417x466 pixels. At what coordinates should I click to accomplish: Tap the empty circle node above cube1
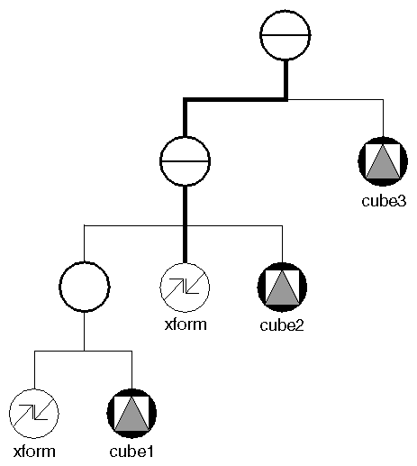click(x=84, y=288)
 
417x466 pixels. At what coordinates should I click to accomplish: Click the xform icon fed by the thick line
click(x=185, y=288)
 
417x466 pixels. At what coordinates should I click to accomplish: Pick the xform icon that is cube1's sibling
click(x=34, y=415)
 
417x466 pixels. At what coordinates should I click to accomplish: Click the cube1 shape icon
click(x=133, y=415)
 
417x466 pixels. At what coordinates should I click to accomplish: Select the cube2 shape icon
click(x=284, y=288)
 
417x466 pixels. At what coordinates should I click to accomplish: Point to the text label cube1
click(x=133, y=451)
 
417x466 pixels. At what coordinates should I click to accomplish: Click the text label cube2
click(x=284, y=324)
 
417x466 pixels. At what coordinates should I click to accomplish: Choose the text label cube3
click(x=385, y=199)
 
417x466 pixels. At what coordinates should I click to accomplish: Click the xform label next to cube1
click(x=34, y=451)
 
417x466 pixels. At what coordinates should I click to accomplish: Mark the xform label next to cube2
click(x=185, y=324)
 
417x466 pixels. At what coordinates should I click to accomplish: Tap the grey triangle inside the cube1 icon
click(x=133, y=418)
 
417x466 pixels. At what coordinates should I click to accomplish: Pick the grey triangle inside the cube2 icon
click(x=284, y=292)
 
